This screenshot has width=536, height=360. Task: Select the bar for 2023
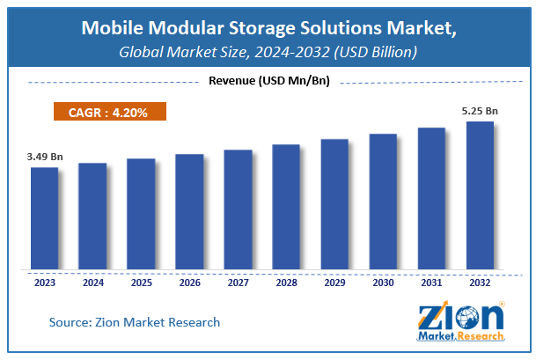(44, 218)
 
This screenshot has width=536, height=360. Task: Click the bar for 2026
(189, 212)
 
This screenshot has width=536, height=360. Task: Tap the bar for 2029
(334, 204)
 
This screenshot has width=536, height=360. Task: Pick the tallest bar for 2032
(480, 195)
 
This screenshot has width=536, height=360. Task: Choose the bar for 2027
(238, 209)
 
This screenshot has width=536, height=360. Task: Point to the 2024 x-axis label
(92, 283)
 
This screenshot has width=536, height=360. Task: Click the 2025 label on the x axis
(141, 283)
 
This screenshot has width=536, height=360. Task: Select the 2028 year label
(286, 283)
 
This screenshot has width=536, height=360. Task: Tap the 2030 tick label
(383, 283)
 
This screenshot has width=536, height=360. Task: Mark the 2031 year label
(431, 283)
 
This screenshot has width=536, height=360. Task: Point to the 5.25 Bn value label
(481, 111)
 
